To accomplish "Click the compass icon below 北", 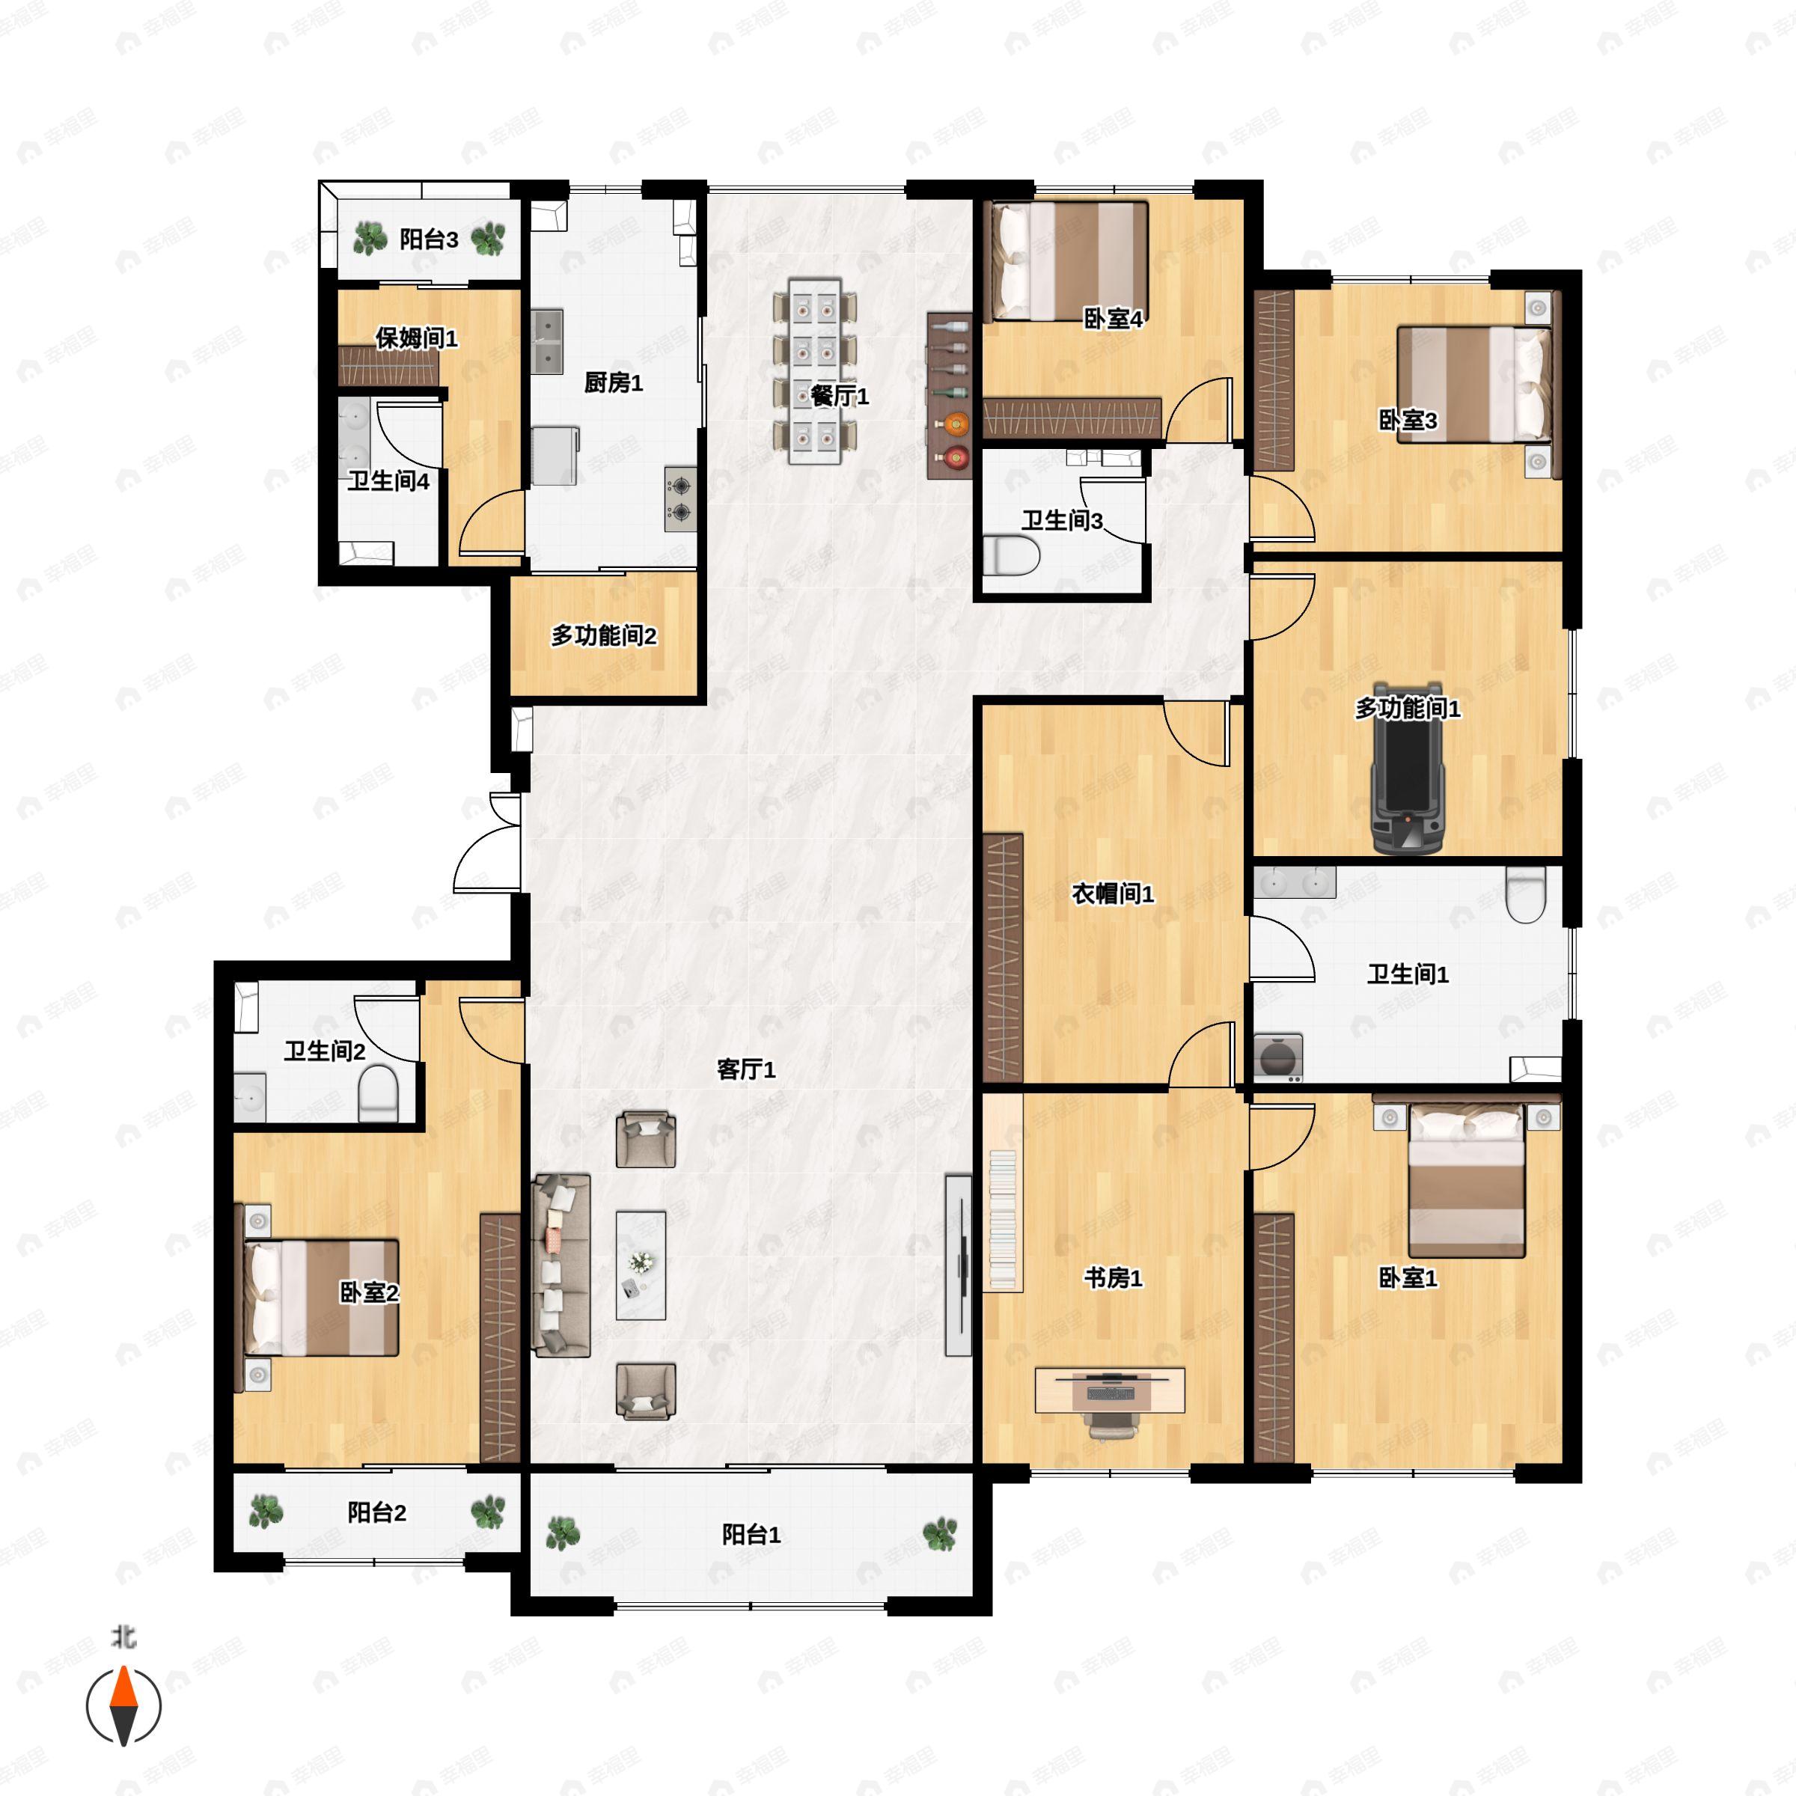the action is pos(123,1706).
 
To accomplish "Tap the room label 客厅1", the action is pos(747,1069).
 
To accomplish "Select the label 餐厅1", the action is pos(840,396).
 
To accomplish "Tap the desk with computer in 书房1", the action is pos(1110,1390).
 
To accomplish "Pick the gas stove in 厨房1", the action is pos(680,499).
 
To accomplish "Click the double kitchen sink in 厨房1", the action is pos(548,341).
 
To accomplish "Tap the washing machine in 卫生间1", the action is pos(1278,1057).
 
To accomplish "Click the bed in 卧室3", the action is pos(1475,384).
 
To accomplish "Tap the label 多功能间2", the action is pos(604,636).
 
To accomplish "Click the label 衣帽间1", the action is pos(1113,894).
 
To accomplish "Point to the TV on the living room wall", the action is pos(959,1265).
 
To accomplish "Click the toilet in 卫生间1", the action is pos(1524,894).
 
